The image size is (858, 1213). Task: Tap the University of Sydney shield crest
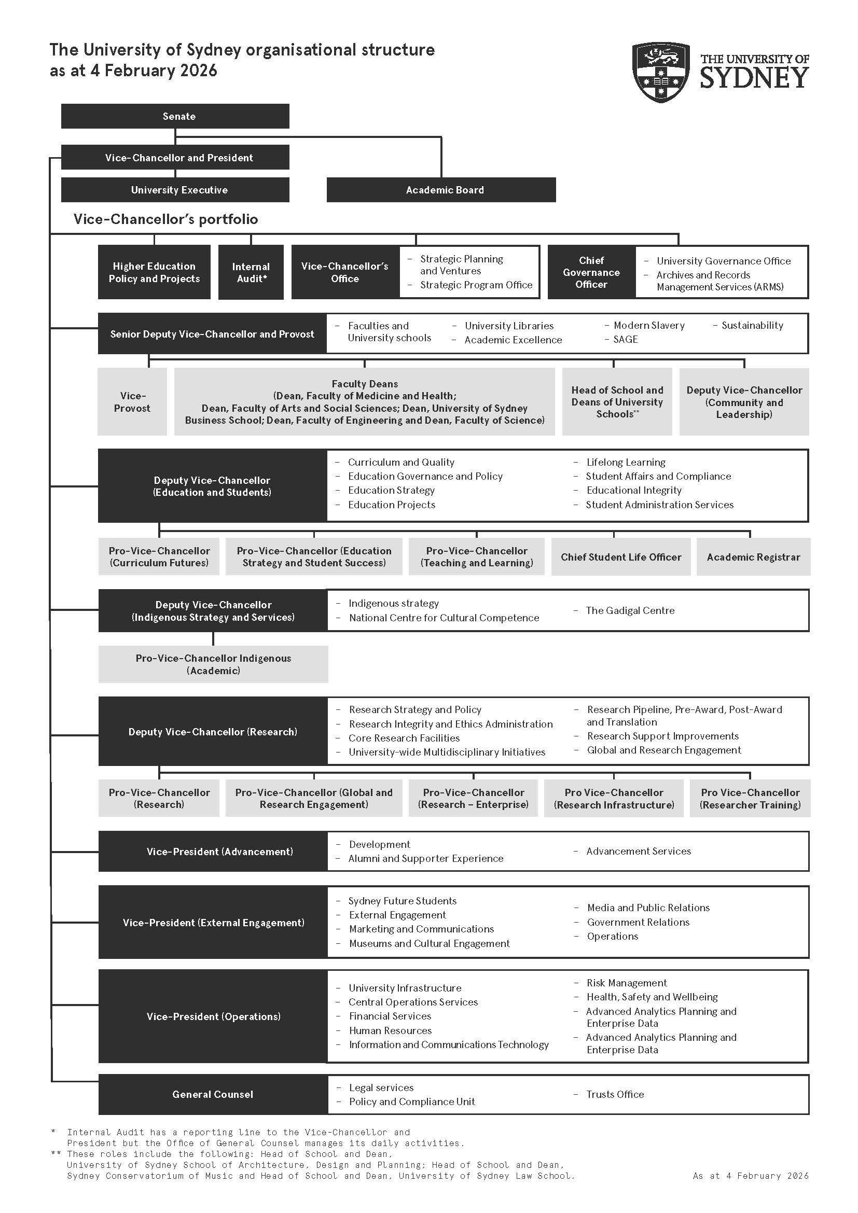pos(660,73)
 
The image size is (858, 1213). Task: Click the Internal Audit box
pos(251,273)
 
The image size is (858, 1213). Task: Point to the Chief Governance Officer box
pos(591,273)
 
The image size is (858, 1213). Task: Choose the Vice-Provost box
pos(132,402)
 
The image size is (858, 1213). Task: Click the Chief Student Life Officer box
pos(621,557)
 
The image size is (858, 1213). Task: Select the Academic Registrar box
pos(753,557)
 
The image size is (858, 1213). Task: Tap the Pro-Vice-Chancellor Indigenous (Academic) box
pos(213,664)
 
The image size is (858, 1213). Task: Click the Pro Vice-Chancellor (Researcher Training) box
pos(750,798)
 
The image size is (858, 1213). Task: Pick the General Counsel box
pos(212,1094)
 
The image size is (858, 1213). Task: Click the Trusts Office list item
pos(615,1094)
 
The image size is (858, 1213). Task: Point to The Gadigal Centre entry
pos(630,611)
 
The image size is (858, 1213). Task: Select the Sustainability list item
pos(752,326)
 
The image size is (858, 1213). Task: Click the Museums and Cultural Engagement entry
pos(429,943)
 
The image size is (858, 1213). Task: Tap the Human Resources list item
pos(390,1030)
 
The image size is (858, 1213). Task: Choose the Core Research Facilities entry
pos(404,738)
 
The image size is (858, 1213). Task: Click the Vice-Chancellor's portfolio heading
pos(165,219)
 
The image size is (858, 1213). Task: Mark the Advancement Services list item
pos(638,851)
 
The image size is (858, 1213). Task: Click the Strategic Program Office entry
pos(476,285)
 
